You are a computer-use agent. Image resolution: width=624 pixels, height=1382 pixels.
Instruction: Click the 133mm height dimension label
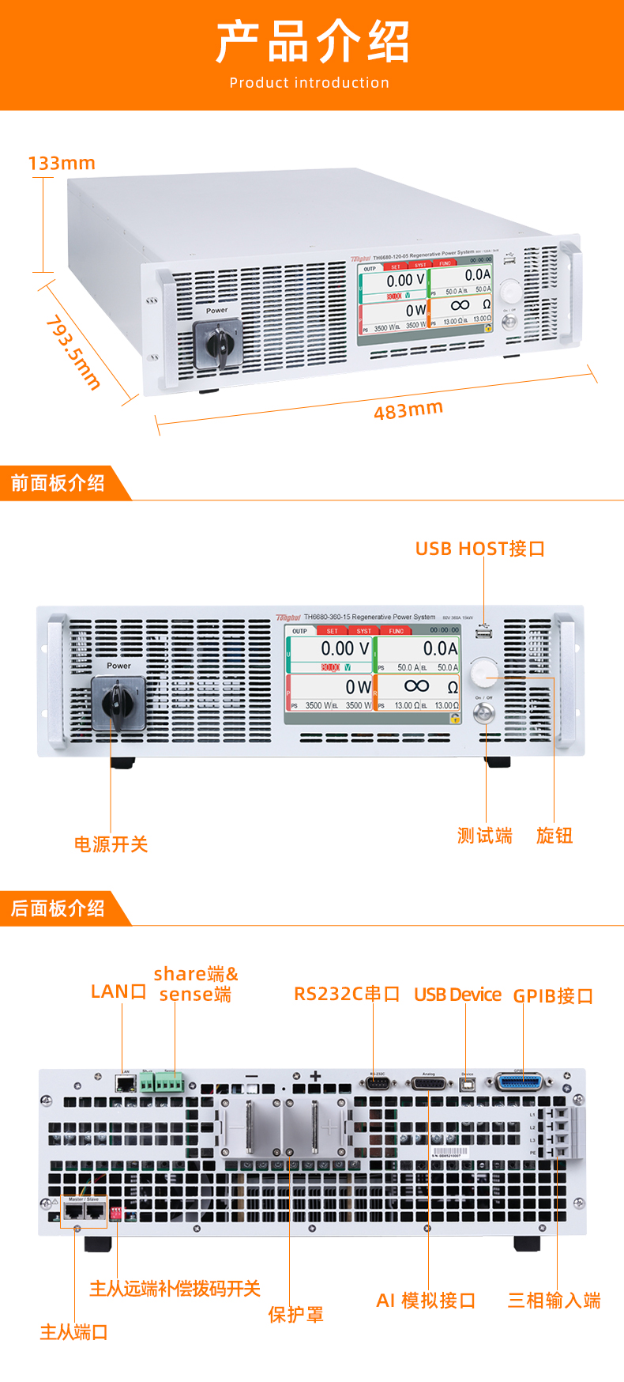pyautogui.click(x=62, y=164)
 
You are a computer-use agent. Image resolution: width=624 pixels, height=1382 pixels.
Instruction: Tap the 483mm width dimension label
pyautogui.click(x=408, y=410)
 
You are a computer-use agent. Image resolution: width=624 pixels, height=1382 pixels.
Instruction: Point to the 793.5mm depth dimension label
pyautogui.click(x=73, y=352)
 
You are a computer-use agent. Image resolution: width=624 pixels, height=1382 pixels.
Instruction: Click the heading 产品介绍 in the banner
pyautogui.click(x=312, y=42)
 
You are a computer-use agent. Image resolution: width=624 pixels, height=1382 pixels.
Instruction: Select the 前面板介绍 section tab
pyautogui.click(x=58, y=483)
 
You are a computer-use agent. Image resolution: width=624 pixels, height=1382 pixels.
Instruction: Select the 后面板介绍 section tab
pyautogui.click(x=58, y=908)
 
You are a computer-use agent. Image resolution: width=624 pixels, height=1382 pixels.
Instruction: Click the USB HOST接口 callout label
pyautogui.click(x=480, y=549)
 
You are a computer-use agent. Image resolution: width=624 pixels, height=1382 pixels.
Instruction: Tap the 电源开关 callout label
pyautogui.click(x=111, y=844)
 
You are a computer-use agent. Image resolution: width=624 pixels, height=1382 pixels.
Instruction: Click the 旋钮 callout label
pyautogui.click(x=554, y=836)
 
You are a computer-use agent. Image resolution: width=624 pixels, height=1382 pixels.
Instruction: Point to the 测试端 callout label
pyautogui.click(x=484, y=836)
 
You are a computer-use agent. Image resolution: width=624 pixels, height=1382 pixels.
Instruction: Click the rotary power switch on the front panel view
pyautogui.click(x=118, y=701)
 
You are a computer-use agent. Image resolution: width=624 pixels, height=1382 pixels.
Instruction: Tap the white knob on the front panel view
pyautogui.click(x=483, y=674)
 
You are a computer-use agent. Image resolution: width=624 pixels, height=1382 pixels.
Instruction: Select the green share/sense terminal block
pyautogui.click(x=162, y=1081)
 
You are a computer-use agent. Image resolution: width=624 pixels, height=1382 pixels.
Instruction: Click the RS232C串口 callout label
pyautogui.click(x=347, y=994)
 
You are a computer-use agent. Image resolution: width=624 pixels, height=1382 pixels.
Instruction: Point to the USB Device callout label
pyautogui.click(x=457, y=995)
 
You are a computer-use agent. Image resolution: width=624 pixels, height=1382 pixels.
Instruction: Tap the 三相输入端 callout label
pyautogui.click(x=554, y=1301)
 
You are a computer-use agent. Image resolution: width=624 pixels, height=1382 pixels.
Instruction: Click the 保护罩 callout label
pyautogui.click(x=295, y=1314)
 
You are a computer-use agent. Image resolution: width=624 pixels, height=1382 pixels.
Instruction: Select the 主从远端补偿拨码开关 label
pyautogui.click(x=175, y=1289)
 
